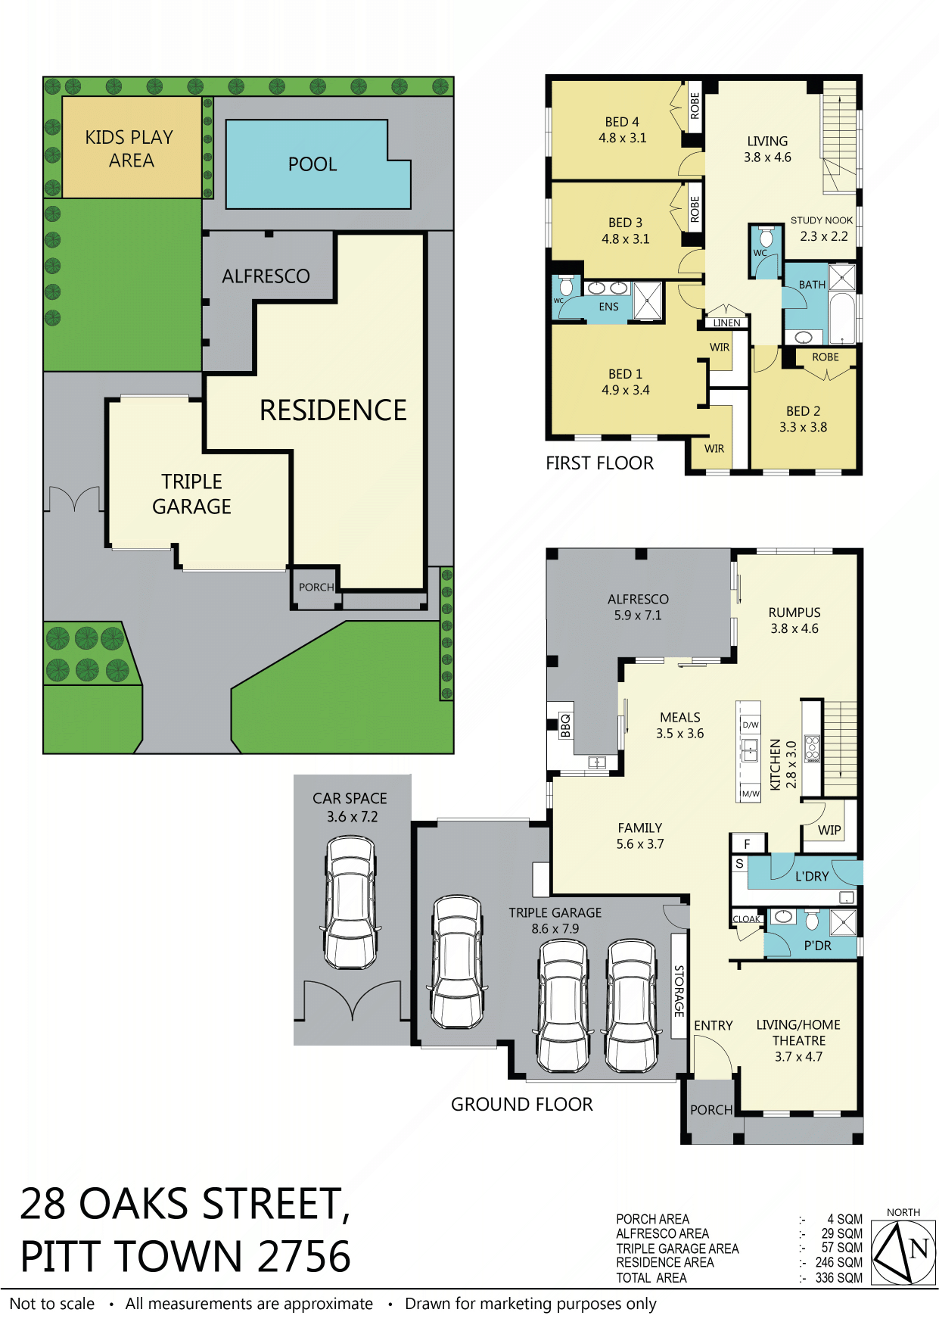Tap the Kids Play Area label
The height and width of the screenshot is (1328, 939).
tap(129, 148)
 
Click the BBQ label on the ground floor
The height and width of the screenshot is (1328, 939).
tap(565, 725)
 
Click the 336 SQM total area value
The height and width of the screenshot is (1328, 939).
tap(838, 1278)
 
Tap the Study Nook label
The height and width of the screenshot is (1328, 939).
tap(822, 220)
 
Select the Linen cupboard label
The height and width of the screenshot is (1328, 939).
tap(726, 323)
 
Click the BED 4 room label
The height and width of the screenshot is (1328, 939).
tap(622, 122)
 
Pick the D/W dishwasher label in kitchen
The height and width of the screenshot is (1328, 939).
tap(751, 725)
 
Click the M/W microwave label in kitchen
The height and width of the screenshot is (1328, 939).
tap(751, 793)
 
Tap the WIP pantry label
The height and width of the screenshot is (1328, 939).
tap(829, 830)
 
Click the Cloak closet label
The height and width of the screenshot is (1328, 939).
tap(746, 919)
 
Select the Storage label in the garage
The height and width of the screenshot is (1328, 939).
tap(679, 991)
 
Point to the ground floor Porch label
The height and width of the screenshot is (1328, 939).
tap(711, 1110)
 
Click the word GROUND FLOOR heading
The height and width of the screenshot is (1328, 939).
tap(522, 1105)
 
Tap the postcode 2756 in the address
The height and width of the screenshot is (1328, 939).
tap(303, 1257)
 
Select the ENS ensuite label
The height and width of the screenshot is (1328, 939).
tap(608, 307)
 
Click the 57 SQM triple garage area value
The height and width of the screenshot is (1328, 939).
tap(841, 1248)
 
